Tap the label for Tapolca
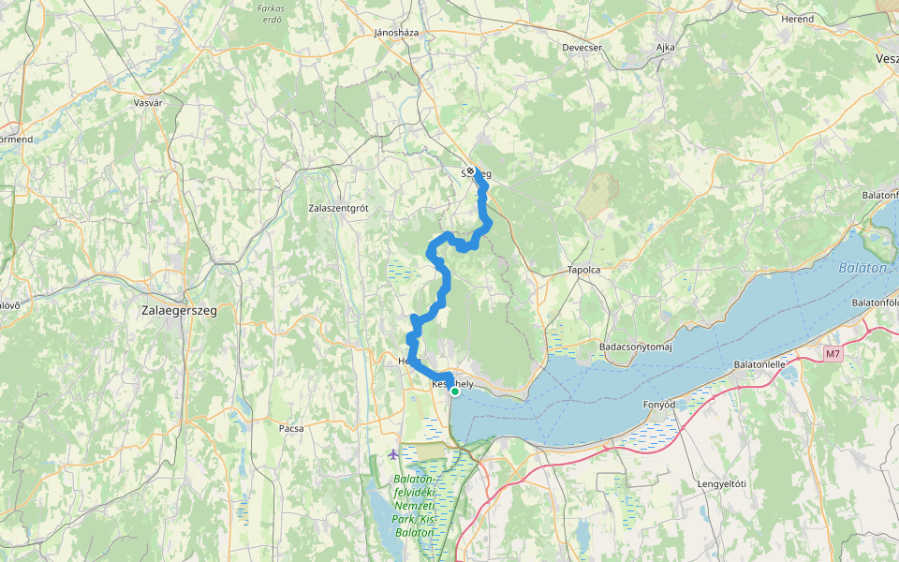(x=583, y=269)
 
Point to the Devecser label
(x=582, y=47)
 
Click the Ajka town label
(x=665, y=47)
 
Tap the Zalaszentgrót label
(x=338, y=209)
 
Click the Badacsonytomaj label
(x=636, y=347)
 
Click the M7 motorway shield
(x=833, y=354)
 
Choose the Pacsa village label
(x=291, y=427)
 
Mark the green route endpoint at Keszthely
(x=455, y=392)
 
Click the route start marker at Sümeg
(x=471, y=171)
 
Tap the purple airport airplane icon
(x=391, y=455)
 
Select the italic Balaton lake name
(x=862, y=268)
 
